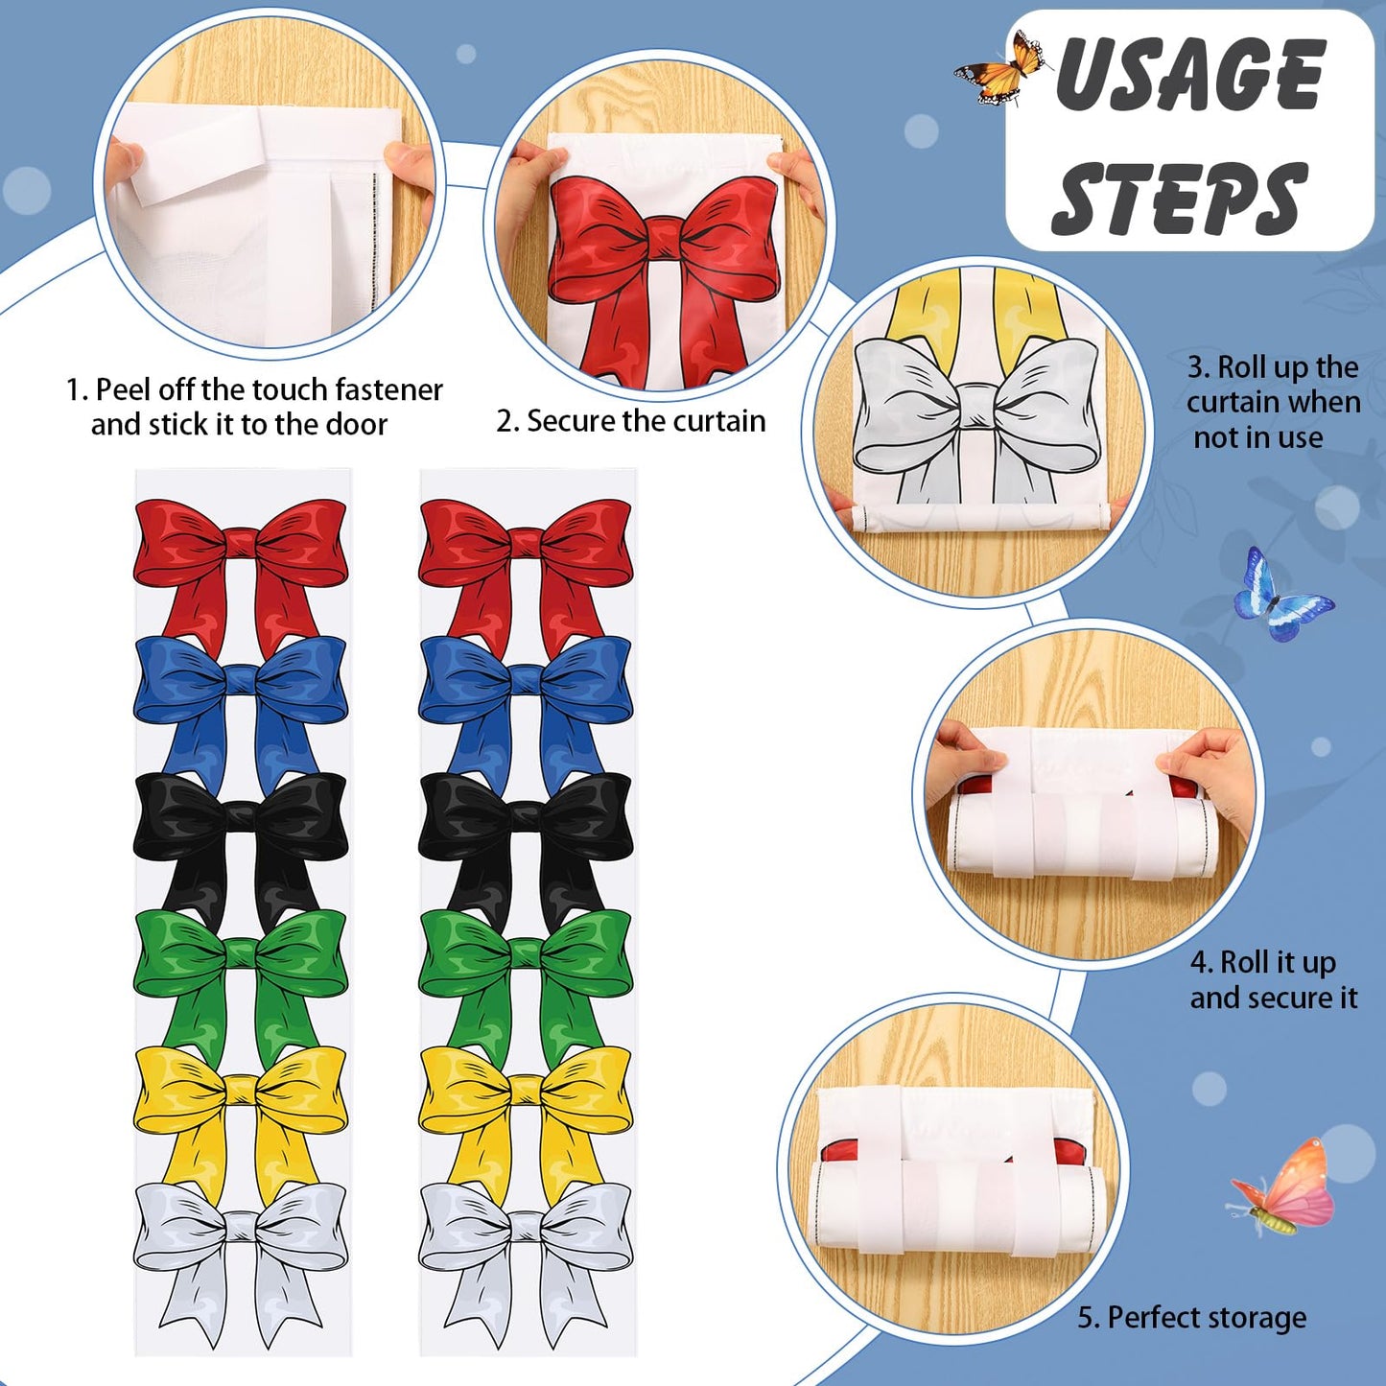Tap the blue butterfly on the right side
[1282, 595]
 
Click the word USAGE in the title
[1189, 75]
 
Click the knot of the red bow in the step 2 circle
[663, 243]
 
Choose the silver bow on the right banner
[526, 1263]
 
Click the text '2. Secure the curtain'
[631, 421]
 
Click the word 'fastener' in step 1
[388, 390]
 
